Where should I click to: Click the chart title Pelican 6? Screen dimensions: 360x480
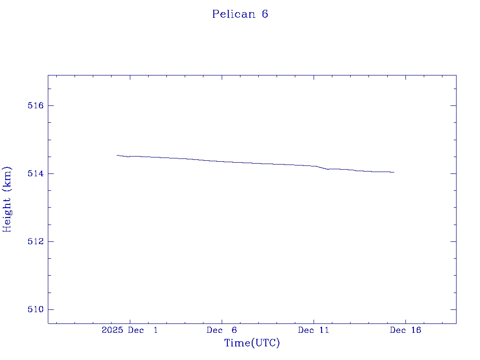click(x=240, y=14)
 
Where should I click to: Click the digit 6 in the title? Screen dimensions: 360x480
click(x=265, y=14)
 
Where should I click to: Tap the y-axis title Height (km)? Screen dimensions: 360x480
click(x=7, y=199)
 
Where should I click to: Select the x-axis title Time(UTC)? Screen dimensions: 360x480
click(x=252, y=343)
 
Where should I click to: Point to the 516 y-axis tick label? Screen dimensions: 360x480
click(x=35, y=105)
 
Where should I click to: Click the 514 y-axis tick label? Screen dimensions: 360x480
click(x=35, y=173)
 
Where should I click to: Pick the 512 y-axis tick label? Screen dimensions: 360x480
click(x=35, y=241)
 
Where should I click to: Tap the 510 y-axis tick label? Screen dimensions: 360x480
click(x=35, y=309)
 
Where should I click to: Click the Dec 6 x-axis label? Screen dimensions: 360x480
click(x=222, y=330)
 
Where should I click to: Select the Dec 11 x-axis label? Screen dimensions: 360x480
click(x=314, y=330)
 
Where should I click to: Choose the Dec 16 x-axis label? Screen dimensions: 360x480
click(x=405, y=330)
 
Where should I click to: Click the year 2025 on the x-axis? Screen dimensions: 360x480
click(x=112, y=330)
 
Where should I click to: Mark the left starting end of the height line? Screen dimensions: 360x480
click(x=117, y=155)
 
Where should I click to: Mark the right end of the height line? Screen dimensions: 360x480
click(x=394, y=172)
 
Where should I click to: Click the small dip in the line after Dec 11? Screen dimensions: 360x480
click(x=328, y=169)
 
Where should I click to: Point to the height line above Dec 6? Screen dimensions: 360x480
click(x=222, y=161)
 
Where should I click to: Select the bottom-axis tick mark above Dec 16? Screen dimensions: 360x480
click(x=405, y=321)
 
